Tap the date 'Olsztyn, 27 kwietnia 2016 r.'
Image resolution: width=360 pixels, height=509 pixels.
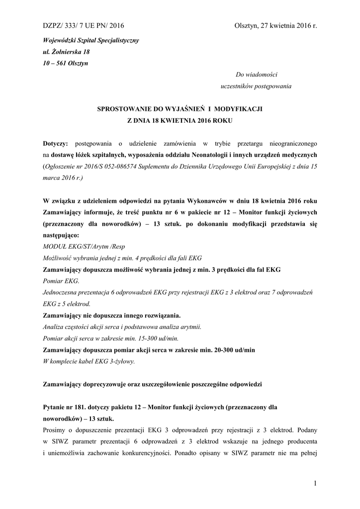pyautogui.click(x=275, y=26)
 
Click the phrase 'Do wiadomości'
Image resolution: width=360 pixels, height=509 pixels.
pyautogui.click(x=254, y=75)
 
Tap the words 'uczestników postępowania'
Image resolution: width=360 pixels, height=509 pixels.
pyautogui.click(x=256, y=86)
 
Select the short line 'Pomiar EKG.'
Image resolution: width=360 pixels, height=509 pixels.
pyautogui.click(x=58, y=281)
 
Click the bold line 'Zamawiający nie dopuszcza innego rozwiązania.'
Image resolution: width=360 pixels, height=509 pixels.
pyautogui.click(x=112, y=316)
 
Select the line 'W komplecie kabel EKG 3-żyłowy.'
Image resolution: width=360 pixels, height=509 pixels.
pyautogui.click(x=89, y=361)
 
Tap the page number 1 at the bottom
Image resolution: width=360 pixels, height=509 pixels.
pyautogui.click(x=315, y=483)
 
